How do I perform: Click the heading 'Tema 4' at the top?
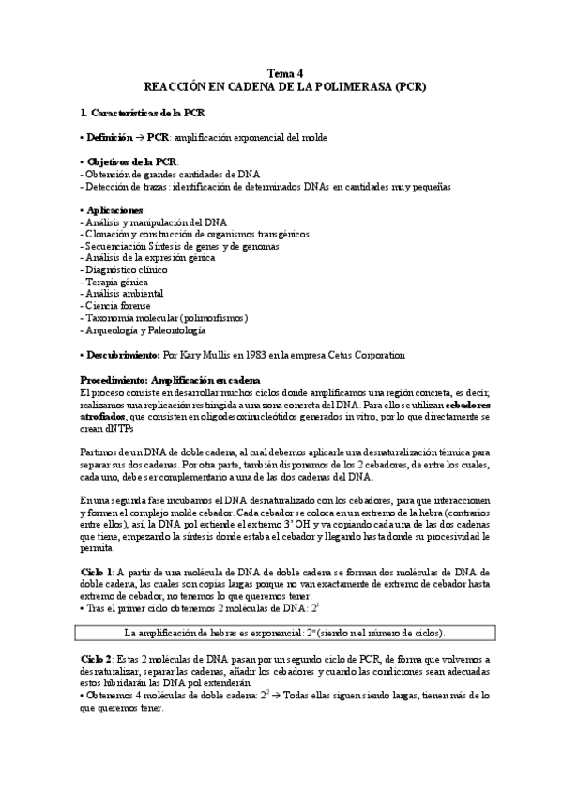285,74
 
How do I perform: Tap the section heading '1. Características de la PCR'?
143,114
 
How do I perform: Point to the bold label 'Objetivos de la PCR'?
137,162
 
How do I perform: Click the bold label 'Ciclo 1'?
98,571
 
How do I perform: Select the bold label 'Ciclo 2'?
98,661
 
